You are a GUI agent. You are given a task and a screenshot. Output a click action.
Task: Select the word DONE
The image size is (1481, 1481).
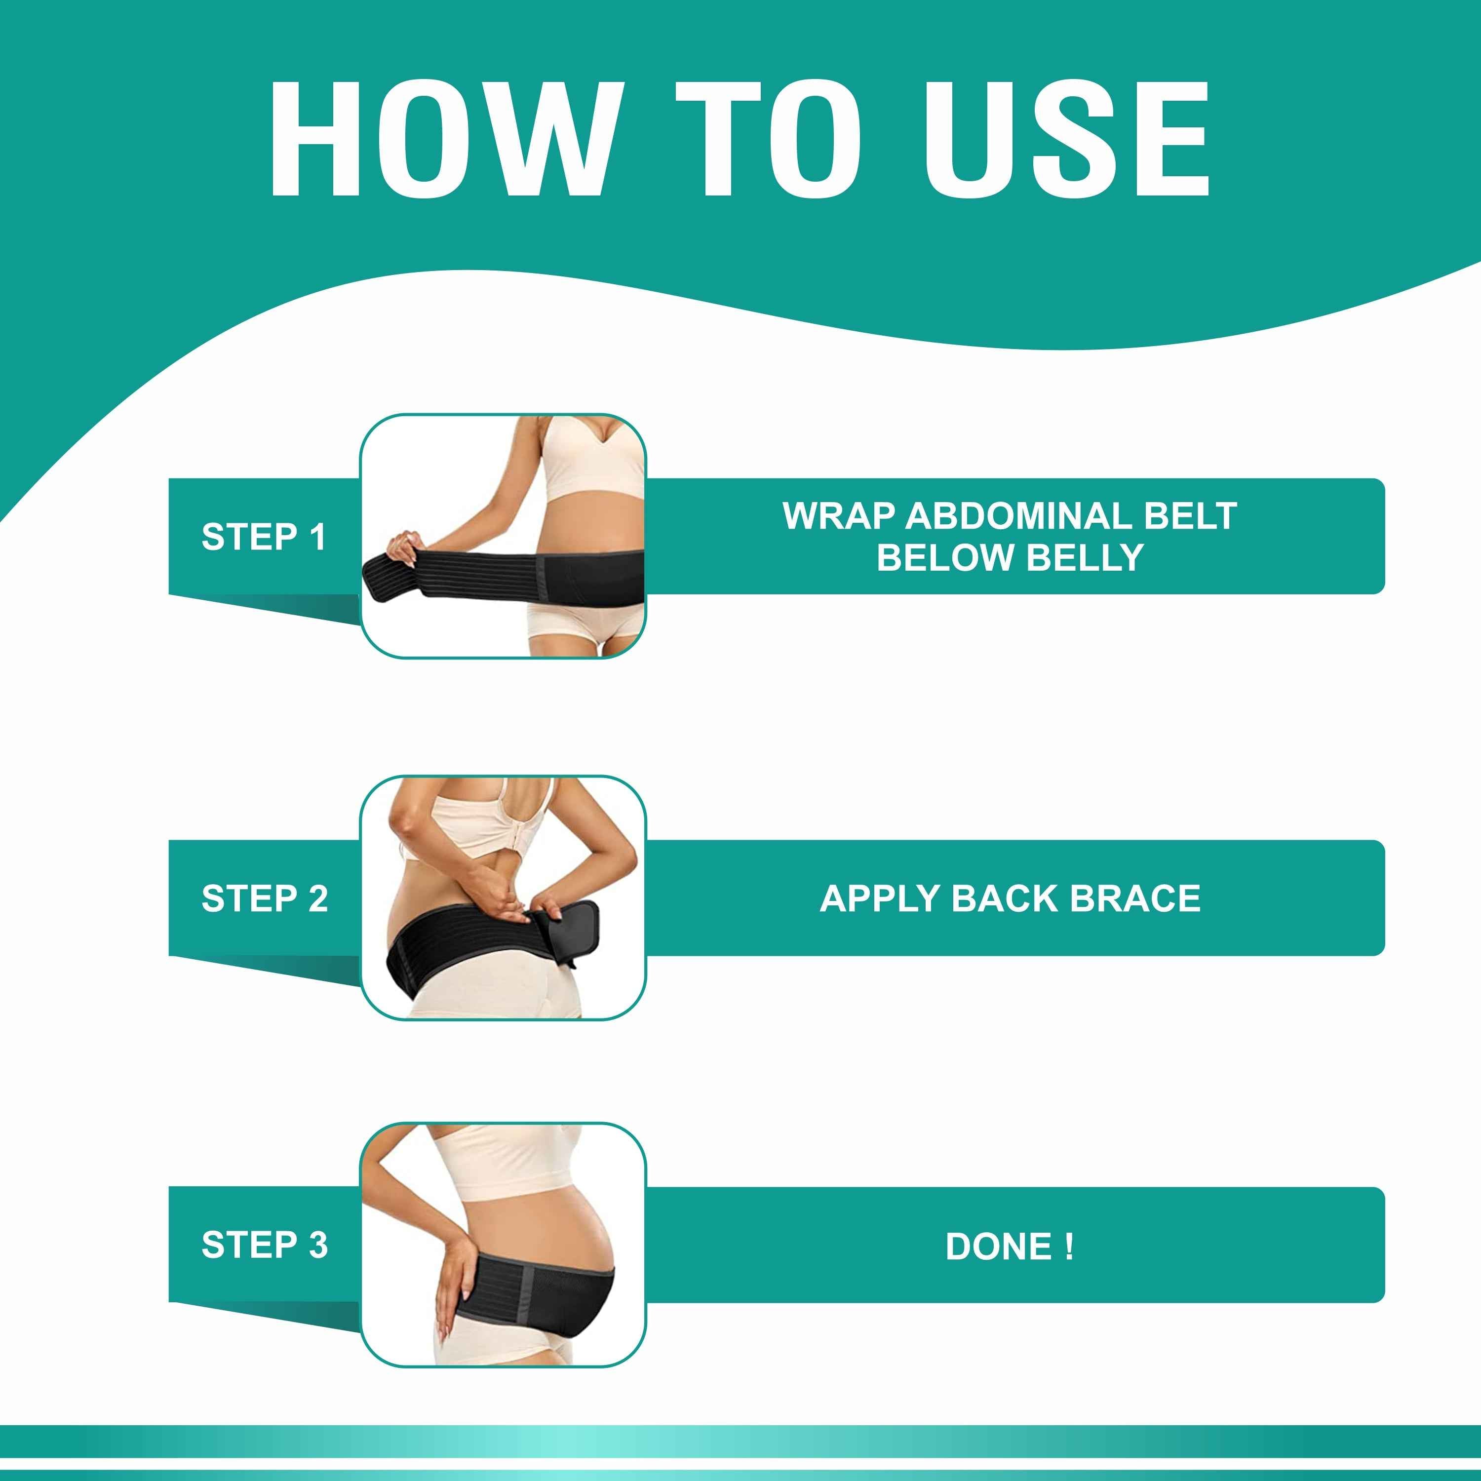[x=998, y=1247]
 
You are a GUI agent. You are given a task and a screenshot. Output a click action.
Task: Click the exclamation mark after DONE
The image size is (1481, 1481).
[x=1069, y=1247]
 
